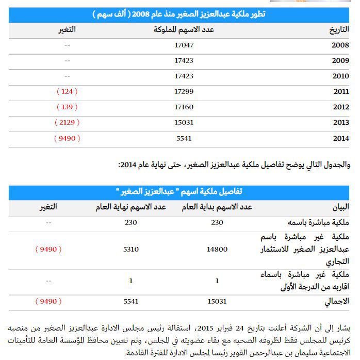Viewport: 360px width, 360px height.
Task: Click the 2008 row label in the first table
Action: (x=341, y=45)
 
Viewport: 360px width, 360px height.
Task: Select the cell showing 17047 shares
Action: (x=184, y=45)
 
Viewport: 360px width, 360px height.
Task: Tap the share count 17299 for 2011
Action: (x=184, y=92)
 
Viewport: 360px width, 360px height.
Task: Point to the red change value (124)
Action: (x=67, y=92)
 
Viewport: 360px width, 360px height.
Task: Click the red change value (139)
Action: (x=67, y=107)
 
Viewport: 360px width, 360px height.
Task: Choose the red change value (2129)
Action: (x=67, y=123)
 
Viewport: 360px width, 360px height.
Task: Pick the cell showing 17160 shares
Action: (x=184, y=107)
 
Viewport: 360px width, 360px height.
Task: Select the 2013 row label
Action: (x=341, y=123)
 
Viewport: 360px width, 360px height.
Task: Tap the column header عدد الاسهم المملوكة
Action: (x=184, y=29)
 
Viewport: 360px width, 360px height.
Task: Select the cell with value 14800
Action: (x=217, y=249)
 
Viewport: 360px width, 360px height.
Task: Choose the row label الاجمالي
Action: (x=337, y=301)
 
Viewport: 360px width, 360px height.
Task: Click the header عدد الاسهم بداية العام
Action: (x=217, y=207)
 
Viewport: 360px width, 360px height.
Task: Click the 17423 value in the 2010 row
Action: (x=184, y=76)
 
